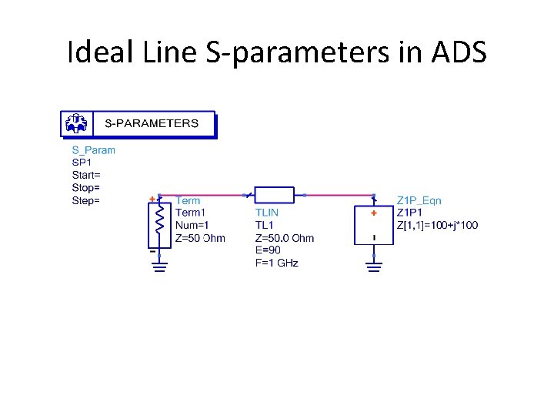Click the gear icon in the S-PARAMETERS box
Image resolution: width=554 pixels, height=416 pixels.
[76, 123]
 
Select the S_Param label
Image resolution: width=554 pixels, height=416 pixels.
[93, 150]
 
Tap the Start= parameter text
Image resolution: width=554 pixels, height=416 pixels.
[86, 175]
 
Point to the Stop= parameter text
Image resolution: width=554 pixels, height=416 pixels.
[85, 187]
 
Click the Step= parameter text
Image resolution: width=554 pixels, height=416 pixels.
[85, 200]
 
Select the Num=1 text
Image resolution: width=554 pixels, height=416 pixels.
[192, 225]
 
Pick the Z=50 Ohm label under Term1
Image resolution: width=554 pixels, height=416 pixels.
[200, 238]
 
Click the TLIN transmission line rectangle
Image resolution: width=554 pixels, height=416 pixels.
[275, 195]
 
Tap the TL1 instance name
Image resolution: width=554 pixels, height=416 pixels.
[264, 225]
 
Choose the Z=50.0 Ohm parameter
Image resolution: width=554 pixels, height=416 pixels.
[284, 238]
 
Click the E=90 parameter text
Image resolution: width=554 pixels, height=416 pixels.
[268, 250]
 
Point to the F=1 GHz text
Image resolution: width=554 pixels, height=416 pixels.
[276, 263]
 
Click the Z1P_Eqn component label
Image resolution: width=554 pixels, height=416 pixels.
[419, 200]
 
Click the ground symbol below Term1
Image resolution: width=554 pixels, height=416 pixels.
[159, 267]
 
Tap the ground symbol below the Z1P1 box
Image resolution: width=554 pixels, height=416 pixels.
[374, 267]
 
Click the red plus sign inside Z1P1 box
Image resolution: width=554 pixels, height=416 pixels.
[374, 213]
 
